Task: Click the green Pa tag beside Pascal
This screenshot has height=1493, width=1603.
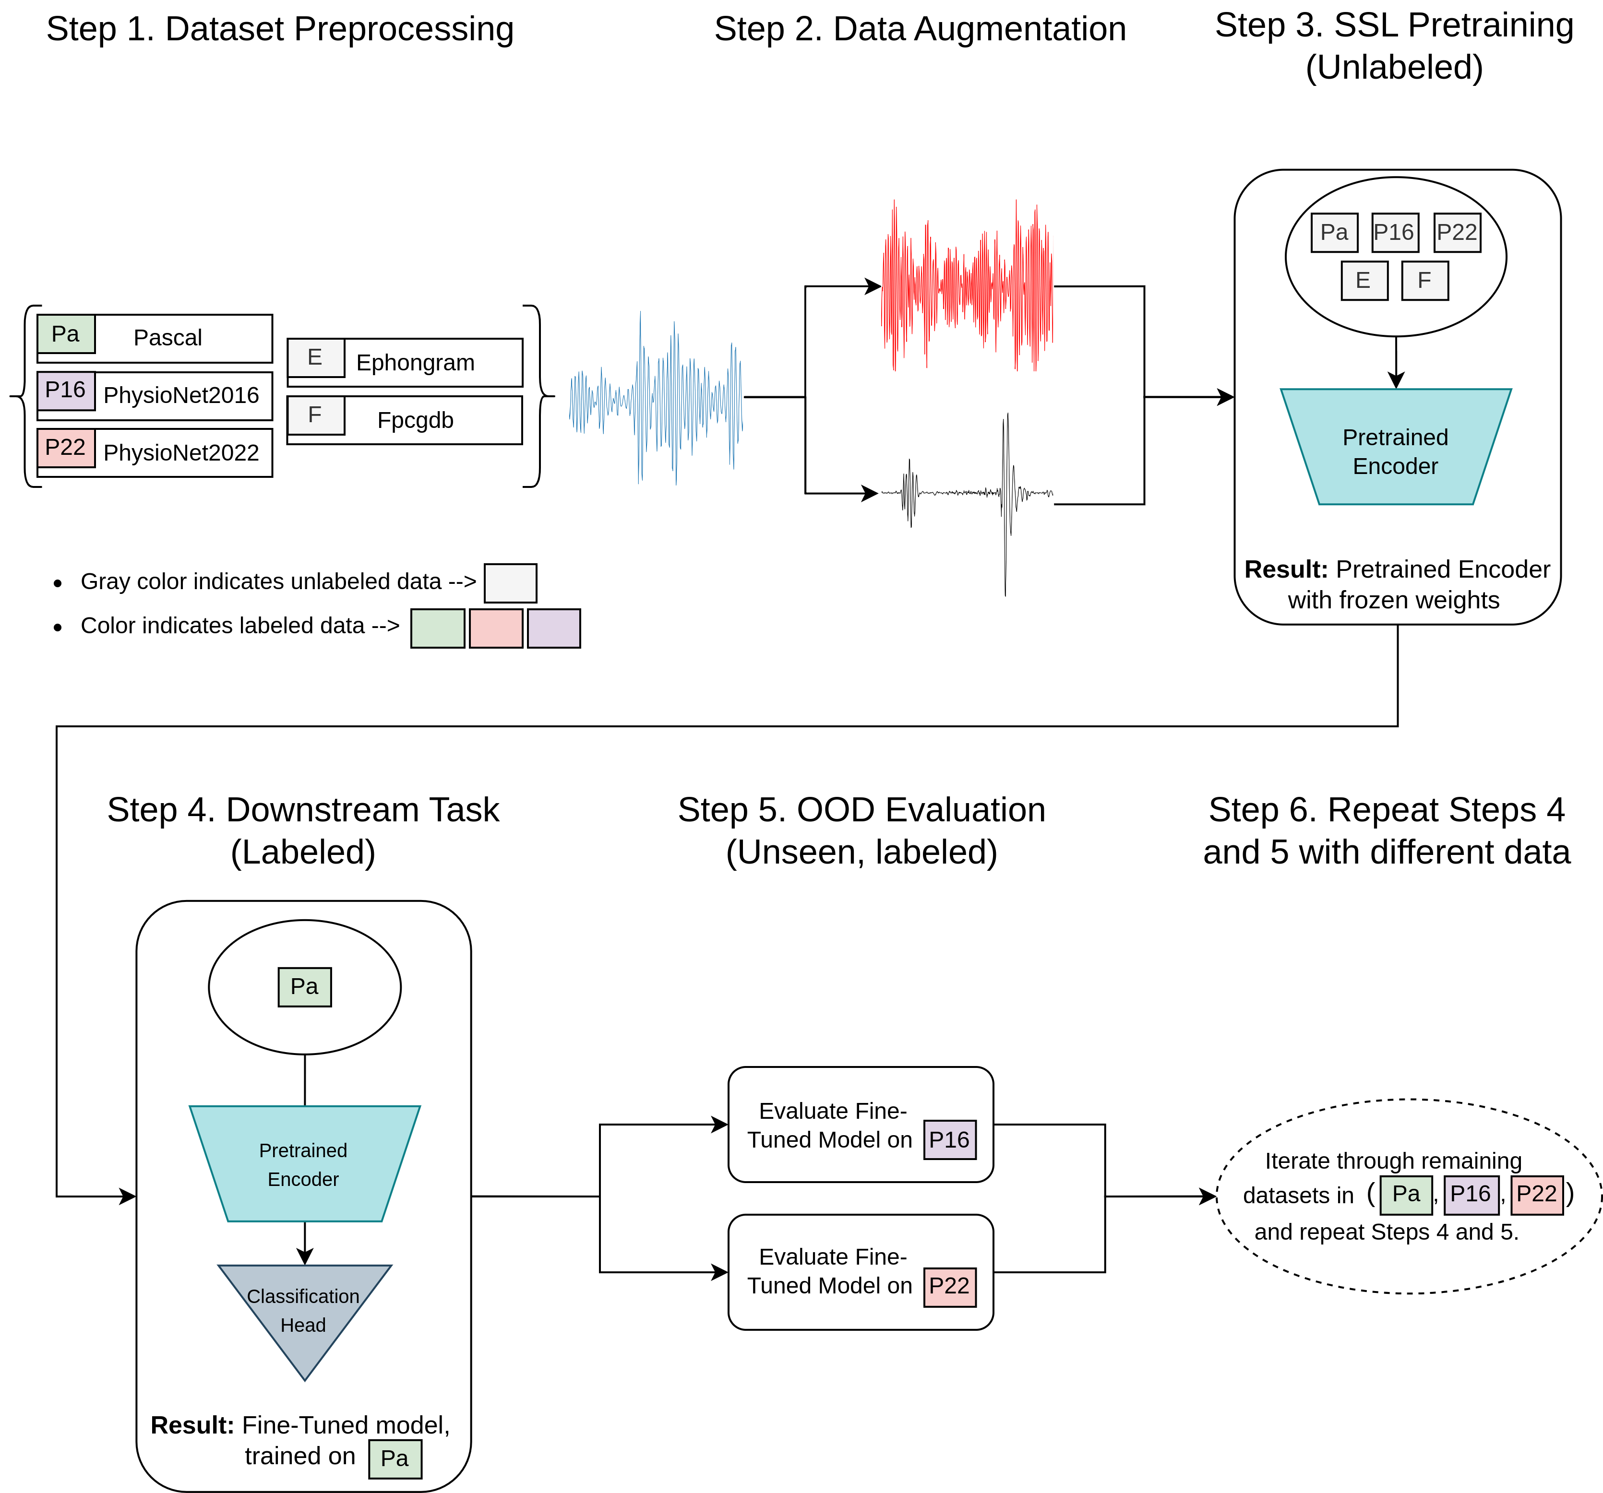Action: pyautogui.click(x=65, y=334)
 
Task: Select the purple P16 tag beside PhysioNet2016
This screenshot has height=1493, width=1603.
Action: pyautogui.click(x=65, y=390)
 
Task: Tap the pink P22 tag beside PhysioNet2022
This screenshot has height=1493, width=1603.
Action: pyautogui.click(x=65, y=448)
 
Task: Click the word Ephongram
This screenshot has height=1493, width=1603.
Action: pyautogui.click(x=415, y=363)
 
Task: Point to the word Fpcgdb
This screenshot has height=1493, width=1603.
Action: pyautogui.click(x=415, y=420)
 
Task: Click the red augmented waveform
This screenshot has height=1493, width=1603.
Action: pyautogui.click(x=967, y=286)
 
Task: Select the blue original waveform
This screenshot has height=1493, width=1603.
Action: pyautogui.click(x=656, y=397)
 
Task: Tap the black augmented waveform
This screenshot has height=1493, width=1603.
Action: pyautogui.click(x=967, y=493)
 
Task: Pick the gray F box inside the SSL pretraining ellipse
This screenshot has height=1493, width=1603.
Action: pyautogui.click(x=1425, y=281)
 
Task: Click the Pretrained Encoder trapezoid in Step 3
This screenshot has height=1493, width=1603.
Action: pyautogui.click(x=1395, y=448)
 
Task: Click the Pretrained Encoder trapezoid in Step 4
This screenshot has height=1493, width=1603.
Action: pyautogui.click(x=304, y=1163)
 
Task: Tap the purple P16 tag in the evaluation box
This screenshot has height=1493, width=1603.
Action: pyautogui.click(x=949, y=1139)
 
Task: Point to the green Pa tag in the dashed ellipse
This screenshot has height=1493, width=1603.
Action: pyautogui.click(x=1405, y=1194)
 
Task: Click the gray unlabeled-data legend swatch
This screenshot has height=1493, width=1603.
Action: pyautogui.click(x=510, y=583)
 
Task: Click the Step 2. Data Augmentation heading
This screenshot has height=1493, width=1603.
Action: pyautogui.click(x=919, y=29)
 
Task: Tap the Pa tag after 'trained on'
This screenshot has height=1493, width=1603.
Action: pyautogui.click(x=395, y=1458)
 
